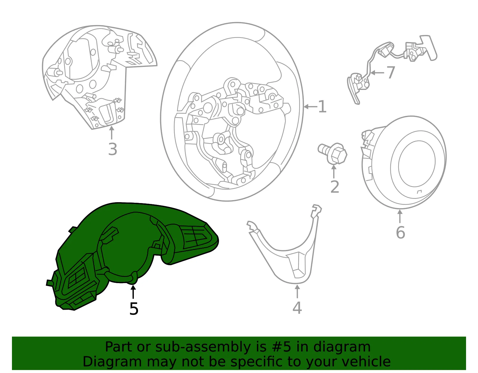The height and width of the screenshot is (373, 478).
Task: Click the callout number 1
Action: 322,107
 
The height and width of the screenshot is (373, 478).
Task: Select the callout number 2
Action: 335,187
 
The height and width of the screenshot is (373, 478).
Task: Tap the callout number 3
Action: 113,149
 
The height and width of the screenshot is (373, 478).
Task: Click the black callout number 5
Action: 134,309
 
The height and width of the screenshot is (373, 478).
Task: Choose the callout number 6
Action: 400,232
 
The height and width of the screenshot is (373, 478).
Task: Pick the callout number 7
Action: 391,72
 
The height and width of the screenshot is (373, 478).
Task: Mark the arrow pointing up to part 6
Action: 400,217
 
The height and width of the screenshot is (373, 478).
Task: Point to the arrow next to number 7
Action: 378,73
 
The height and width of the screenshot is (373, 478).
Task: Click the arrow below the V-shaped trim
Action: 297,291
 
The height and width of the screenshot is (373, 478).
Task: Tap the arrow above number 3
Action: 112,133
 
